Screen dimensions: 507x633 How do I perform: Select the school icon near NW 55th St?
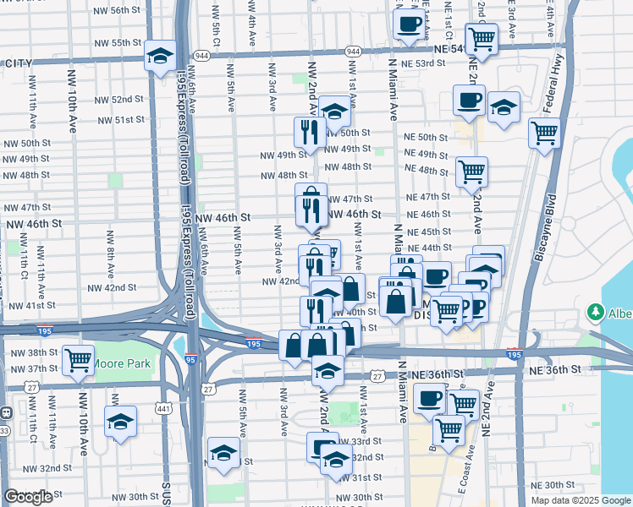click(x=159, y=56)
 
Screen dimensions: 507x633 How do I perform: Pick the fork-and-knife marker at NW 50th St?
click(x=309, y=132)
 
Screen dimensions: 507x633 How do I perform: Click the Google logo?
click(x=28, y=497)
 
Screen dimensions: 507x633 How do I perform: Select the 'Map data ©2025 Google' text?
click(x=581, y=500)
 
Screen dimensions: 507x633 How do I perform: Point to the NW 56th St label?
click(x=113, y=10)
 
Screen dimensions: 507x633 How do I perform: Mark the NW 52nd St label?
click(x=118, y=100)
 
